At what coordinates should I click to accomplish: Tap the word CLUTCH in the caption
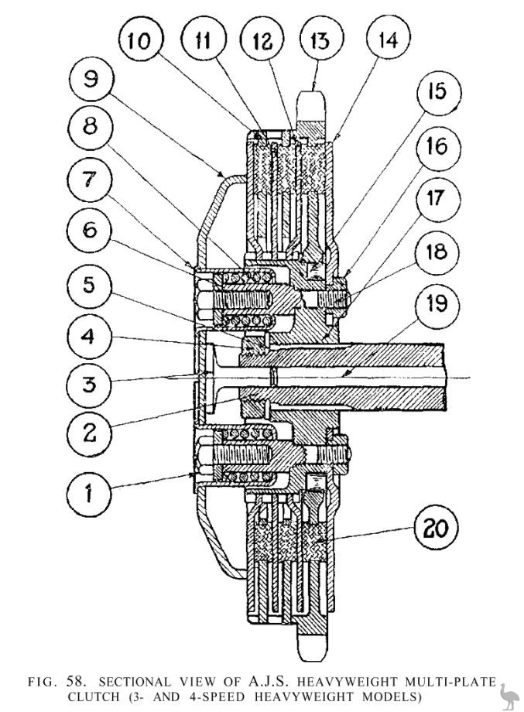(93, 697)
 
